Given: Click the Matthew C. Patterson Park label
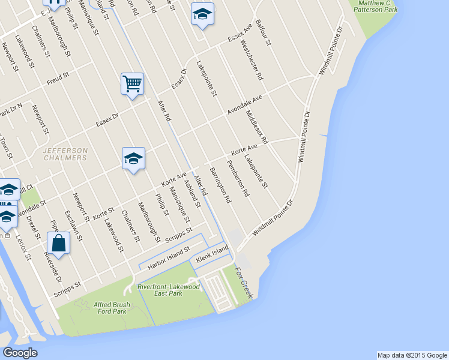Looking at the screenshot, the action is click(378, 7).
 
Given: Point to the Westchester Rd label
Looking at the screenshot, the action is click(252, 60).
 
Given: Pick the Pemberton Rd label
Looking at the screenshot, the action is click(238, 178).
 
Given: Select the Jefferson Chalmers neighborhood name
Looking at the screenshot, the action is click(64, 154).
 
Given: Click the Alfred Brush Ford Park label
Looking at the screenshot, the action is click(110, 308).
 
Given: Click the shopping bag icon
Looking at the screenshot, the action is click(58, 243).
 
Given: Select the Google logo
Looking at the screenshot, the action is click(20, 353).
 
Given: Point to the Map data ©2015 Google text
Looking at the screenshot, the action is click(411, 355).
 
